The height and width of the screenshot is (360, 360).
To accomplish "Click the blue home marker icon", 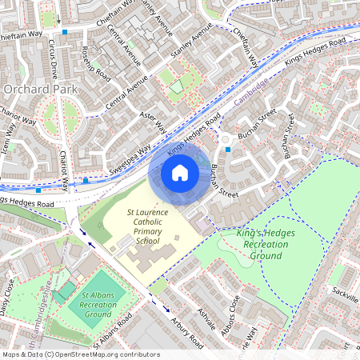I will [180, 173].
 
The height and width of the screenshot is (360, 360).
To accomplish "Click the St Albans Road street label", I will [111, 337].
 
